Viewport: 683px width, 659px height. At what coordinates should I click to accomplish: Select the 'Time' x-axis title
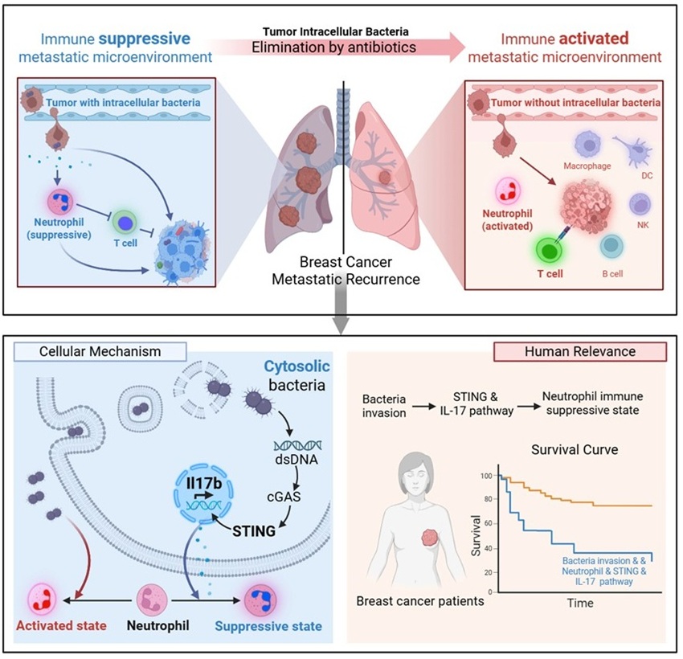[577, 602]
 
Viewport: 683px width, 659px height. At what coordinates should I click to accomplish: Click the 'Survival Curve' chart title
[574, 450]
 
